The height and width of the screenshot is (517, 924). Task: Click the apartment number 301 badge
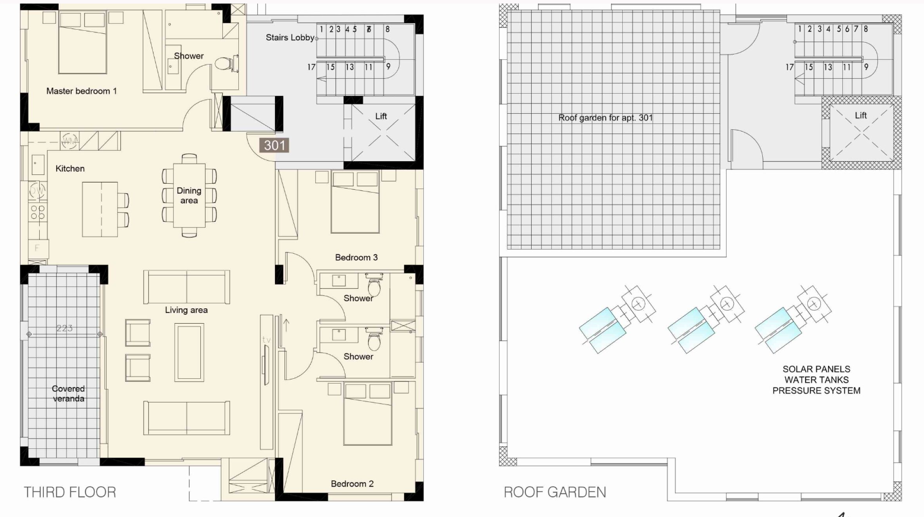click(x=274, y=145)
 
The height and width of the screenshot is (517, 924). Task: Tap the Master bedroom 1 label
click(x=81, y=91)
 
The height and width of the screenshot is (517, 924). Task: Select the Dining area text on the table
click(x=189, y=196)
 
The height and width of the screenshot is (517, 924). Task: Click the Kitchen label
click(x=70, y=168)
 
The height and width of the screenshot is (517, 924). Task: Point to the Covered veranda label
click(x=69, y=394)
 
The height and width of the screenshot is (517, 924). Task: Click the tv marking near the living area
click(x=267, y=340)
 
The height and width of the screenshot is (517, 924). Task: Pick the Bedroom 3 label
click(x=356, y=257)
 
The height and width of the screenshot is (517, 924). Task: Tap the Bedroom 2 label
click(x=352, y=484)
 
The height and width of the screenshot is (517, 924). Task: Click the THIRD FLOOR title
click(x=70, y=492)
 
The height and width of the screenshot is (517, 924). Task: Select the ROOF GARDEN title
click(x=555, y=492)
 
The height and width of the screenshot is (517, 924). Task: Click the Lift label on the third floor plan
click(x=381, y=116)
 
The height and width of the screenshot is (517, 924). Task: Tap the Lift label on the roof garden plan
click(x=861, y=116)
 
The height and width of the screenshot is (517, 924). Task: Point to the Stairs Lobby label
click(x=290, y=37)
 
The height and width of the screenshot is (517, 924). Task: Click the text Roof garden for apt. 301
click(x=606, y=118)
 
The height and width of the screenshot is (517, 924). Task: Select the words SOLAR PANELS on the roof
click(x=817, y=369)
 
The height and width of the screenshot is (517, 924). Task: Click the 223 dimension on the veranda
click(x=65, y=328)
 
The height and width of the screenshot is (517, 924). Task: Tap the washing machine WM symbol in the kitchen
click(x=69, y=141)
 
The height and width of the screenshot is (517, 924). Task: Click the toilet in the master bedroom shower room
click(x=223, y=64)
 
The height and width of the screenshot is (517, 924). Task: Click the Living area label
click(x=187, y=310)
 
